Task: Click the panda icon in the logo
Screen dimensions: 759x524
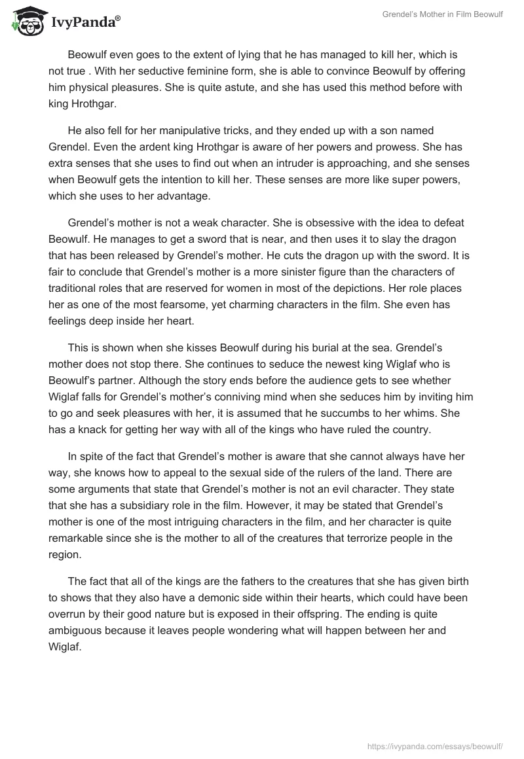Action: point(26,21)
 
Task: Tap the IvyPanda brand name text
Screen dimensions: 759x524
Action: point(83,24)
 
